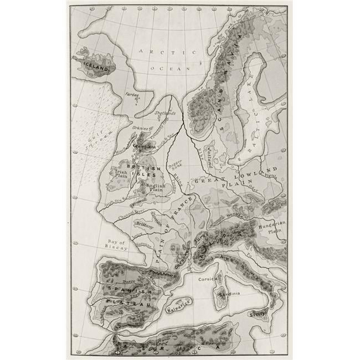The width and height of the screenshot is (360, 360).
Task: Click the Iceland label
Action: pyautogui.click(x=96, y=63)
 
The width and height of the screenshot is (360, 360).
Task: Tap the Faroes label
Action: pyautogui.click(x=132, y=94)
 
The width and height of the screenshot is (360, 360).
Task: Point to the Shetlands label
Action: pyautogui.click(x=165, y=114)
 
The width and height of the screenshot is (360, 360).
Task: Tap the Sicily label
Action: pyautogui.click(x=258, y=314)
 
